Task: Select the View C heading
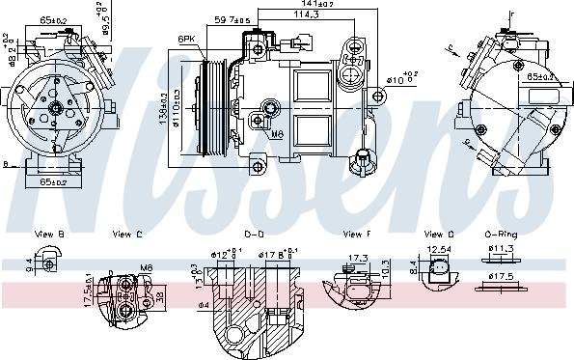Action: (126, 234)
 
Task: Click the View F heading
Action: (356, 234)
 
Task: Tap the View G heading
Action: (438, 234)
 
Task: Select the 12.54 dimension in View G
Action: (440, 249)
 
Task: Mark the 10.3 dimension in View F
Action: (385, 266)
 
